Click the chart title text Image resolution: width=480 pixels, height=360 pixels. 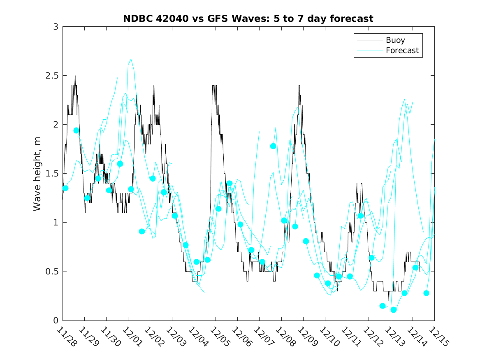point(248,19)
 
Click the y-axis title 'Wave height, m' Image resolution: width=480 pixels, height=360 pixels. point(37,174)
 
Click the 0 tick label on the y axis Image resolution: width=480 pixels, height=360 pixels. point(55,321)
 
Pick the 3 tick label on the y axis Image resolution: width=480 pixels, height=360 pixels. point(55,27)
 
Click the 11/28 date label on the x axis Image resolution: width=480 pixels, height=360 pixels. point(66,337)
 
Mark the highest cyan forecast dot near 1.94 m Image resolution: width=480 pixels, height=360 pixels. point(76,130)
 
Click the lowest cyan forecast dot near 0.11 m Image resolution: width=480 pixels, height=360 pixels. point(393,310)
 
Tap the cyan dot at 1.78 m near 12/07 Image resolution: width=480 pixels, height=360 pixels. point(273,146)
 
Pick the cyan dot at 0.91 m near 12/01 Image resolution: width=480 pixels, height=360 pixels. point(142,231)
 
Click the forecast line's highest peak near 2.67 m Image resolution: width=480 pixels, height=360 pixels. point(131,59)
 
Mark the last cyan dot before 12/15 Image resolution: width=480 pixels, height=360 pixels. point(426,293)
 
